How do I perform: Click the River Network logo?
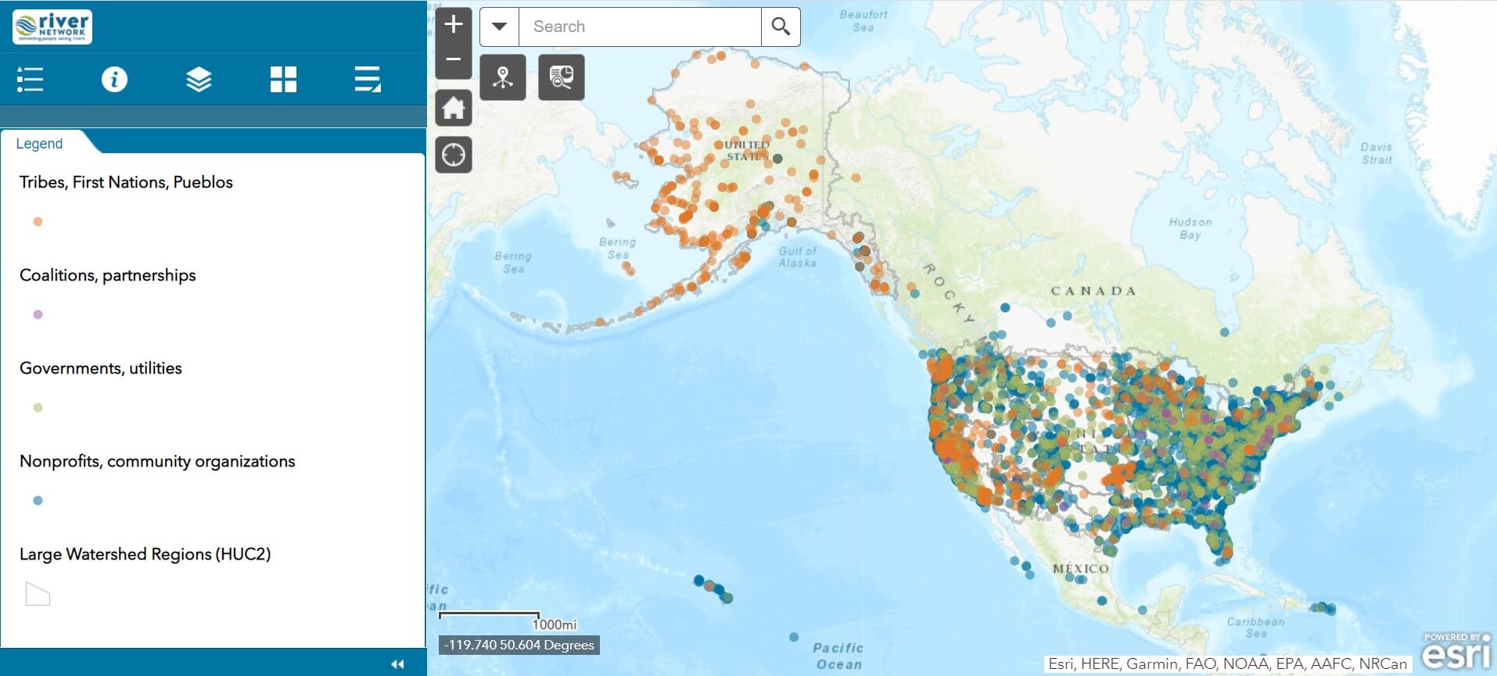(x=52, y=27)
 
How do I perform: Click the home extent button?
(x=454, y=108)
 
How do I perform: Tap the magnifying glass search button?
(x=780, y=27)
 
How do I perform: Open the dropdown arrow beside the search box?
(x=499, y=27)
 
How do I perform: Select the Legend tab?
(x=40, y=144)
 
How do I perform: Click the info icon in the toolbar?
(x=114, y=79)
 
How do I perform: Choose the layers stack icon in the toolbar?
(x=199, y=79)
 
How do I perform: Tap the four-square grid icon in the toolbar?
(x=283, y=79)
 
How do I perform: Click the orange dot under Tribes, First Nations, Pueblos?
(x=38, y=222)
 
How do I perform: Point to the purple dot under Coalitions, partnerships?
(x=38, y=315)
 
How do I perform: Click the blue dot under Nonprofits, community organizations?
(x=38, y=501)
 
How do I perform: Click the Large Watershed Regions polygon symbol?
(x=38, y=595)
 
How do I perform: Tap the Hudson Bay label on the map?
(x=1190, y=228)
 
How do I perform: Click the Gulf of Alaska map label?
(x=797, y=257)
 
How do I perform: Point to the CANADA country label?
(x=1093, y=291)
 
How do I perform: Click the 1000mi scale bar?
(x=490, y=617)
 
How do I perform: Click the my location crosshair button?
(x=454, y=155)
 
